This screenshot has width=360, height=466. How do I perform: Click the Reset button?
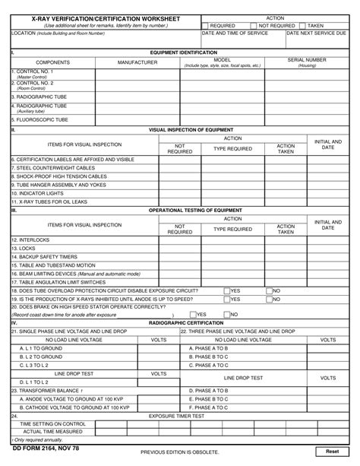tap(332, 452)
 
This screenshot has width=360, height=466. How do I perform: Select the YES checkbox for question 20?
tap(193, 314)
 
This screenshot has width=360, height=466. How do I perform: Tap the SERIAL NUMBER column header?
tap(307, 59)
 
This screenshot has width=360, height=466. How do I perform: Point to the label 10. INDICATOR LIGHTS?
tap(38, 193)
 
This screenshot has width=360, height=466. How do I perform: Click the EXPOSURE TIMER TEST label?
tap(175, 416)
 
